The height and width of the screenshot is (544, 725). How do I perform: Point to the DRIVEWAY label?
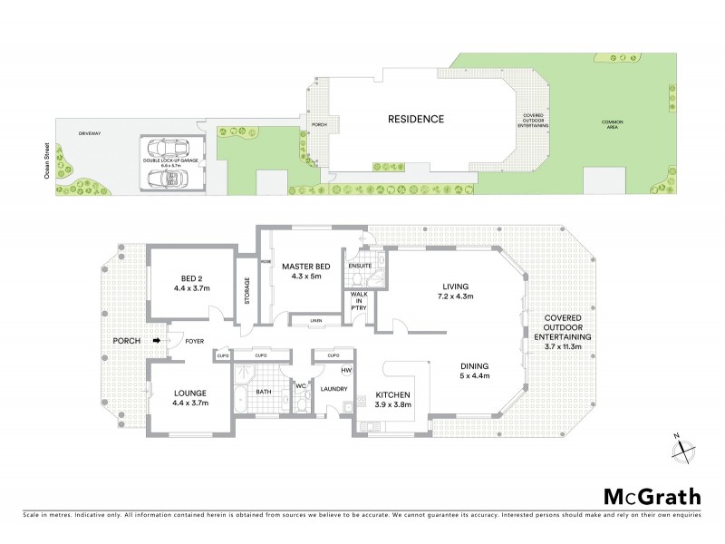90,133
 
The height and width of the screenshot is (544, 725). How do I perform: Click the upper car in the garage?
168,147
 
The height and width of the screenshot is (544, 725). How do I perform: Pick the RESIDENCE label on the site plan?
416,119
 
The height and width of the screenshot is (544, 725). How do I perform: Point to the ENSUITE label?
360,266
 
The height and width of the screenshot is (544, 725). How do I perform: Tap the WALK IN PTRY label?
358,306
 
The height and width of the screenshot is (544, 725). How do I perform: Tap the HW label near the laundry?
346,370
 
